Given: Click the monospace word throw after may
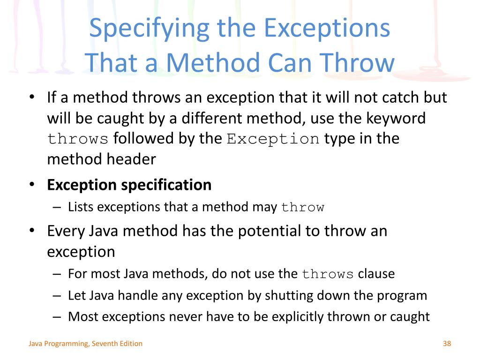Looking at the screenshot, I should point(303,208).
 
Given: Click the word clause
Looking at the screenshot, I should point(376,274).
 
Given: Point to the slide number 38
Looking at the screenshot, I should point(446,344).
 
